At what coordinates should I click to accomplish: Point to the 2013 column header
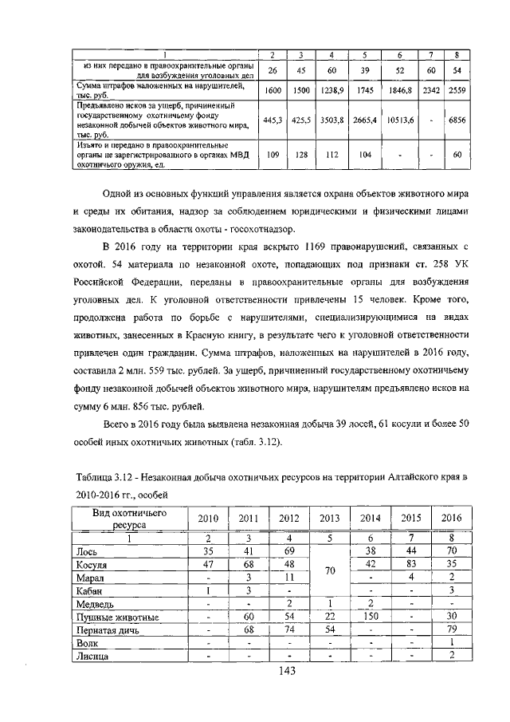coord(329,518)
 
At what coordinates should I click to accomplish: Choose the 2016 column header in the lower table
coord(451,518)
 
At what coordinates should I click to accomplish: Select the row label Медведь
coord(93,603)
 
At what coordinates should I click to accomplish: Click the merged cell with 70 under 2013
coord(329,570)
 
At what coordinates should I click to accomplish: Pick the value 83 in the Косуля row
coord(411,564)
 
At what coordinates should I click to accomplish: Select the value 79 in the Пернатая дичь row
coord(451,630)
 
